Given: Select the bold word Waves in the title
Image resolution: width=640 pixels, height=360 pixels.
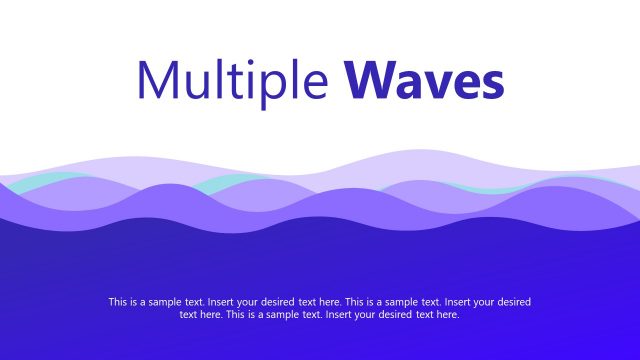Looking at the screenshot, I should tap(425, 83).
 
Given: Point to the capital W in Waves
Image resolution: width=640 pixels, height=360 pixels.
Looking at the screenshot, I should tap(373, 82).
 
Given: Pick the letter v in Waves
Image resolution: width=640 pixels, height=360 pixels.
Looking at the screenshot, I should tap(433, 87).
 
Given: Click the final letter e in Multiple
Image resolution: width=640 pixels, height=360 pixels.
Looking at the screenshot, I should tap(313, 87).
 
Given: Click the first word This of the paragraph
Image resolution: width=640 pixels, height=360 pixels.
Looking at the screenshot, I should tap(118, 301).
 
